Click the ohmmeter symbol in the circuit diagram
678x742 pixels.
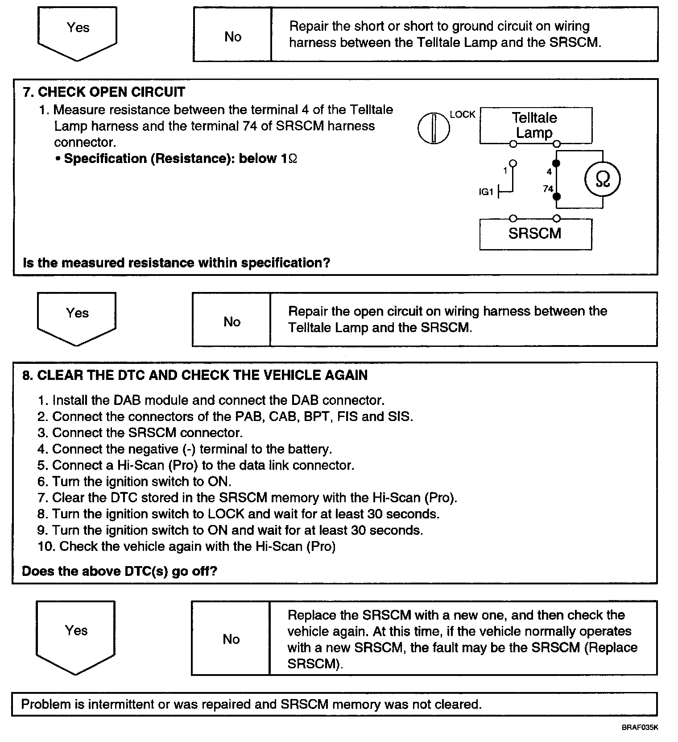coord(602,179)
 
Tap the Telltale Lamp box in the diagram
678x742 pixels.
coord(535,125)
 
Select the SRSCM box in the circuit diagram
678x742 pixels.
coord(535,233)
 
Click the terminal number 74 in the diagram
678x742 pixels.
coord(548,189)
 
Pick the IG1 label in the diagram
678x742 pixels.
coord(486,192)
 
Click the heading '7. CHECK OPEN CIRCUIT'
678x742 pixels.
coord(104,92)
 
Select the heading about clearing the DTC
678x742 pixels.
coord(195,375)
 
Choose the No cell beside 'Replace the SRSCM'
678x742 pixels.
coord(231,639)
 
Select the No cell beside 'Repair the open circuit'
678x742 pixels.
coord(232,321)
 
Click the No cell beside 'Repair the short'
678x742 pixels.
coord(232,36)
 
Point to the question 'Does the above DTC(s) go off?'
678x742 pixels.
coord(120,571)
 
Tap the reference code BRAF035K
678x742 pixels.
coord(640,727)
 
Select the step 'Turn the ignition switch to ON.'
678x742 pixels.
coord(141,481)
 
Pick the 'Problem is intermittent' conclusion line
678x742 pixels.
coord(252,704)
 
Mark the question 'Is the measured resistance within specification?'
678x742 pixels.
coord(176,263)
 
